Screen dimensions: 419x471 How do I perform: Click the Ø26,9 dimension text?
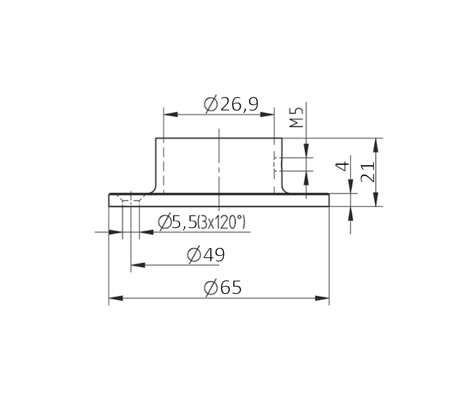tap(231, 105)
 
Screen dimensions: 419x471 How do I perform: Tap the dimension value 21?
tap(367, 172)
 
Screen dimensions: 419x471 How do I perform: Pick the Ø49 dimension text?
tap(206, 255)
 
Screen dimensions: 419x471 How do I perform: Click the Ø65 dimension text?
tap(223, 288)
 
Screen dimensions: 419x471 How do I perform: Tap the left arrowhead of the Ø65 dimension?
tap(116, 298)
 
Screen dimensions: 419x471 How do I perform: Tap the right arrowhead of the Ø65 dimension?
tap(322, 298)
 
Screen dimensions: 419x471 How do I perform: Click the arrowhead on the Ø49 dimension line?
tap(138, 265)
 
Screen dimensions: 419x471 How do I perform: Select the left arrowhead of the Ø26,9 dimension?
tap(170, 115)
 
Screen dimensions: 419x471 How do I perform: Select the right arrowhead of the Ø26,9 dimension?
tap(267, 115)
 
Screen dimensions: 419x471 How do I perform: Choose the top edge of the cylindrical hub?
tap(219, 138)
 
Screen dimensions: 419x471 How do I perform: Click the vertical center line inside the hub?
tap(219, 168)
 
